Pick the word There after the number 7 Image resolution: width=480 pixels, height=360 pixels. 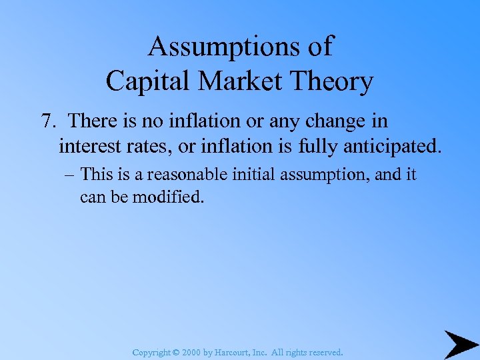[95, 121]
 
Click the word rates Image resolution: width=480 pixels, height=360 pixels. [151, 145]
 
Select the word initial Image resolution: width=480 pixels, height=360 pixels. [255, 175]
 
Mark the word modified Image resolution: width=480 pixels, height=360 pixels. [168, 197]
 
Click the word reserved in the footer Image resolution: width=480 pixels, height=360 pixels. [325, 351]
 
